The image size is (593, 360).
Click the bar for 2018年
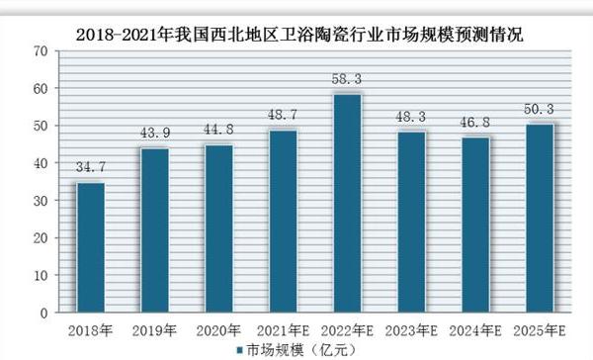click(x=90, y=247)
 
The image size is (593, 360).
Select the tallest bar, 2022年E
click(x=346, y=203)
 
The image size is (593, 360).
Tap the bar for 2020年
click(x=217, y=228)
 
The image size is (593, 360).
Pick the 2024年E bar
click(x=474, y=225)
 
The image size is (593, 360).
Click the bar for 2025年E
click(x=539, y=218)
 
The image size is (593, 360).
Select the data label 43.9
click(x=154, y=133)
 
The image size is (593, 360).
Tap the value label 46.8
click(x=474, y=122)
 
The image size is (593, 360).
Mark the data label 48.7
click(x=282, y=115)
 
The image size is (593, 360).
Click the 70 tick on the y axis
click(x=41, y=49)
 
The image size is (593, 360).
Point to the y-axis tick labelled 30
click(x=41, y=200)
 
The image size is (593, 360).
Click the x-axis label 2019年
click(x=154, y=328)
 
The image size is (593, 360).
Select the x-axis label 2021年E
click(x=282, y=328)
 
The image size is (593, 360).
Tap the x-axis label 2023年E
click(x=410, y=328)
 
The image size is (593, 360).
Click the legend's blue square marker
click(x=239, y=349)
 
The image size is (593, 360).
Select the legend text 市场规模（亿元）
click(x=296, y=349)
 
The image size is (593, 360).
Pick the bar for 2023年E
click(x=410, y=222)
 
